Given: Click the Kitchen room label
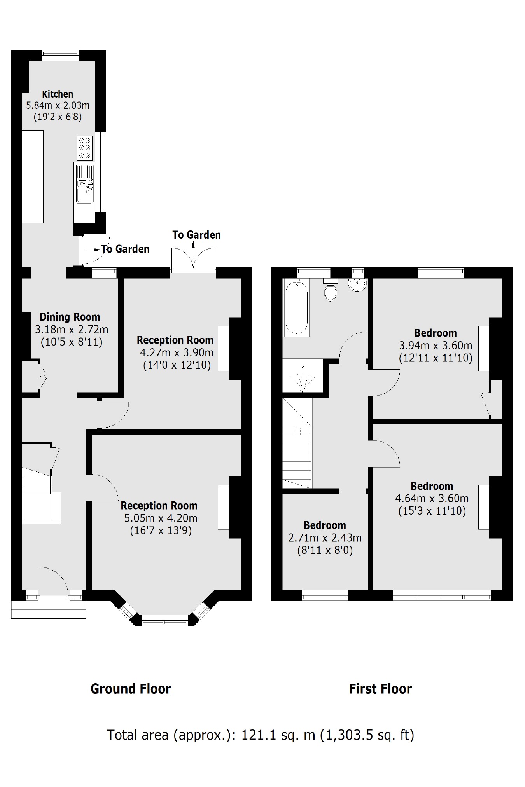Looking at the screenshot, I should tap(58, 94).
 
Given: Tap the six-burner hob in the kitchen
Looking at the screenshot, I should tap(85, 148).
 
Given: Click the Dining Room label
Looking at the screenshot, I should tap(70, 317).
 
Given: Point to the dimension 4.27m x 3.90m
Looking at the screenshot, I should tap(177, 353).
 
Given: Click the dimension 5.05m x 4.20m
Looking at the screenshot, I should tap(161, 518).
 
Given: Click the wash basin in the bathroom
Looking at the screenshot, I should tap(357, 285).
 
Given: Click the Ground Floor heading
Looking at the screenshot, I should tap(130, 689).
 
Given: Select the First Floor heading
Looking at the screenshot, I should tap(380, 689).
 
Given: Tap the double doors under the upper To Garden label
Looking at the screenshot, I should tap(193, 260).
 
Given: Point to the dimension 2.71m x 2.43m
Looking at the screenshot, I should tap(325, 538).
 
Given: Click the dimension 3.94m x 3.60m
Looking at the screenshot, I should tap(436, 346).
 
